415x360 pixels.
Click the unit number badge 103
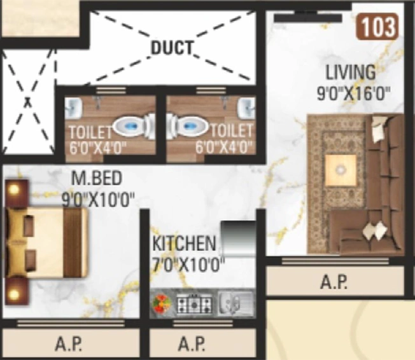point(377,27)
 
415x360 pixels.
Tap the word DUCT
point(171,48)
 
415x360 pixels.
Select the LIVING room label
point(350,73)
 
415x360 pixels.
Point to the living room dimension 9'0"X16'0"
point(354,93)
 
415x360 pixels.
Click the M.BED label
point(97,178)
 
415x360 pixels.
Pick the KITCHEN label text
point(185,244)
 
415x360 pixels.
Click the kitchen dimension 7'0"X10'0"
point(188,264)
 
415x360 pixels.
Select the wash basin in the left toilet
point(74,108)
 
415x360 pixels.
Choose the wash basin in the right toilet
point(246,108)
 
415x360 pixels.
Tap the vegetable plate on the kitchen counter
point(162,303)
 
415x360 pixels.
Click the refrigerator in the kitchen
point(238,239)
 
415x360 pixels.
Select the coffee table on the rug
point(341,170)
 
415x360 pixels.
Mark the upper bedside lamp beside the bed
point(15,190)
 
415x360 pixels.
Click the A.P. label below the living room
point(334,282)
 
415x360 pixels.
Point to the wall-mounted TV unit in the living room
point(308,18)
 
